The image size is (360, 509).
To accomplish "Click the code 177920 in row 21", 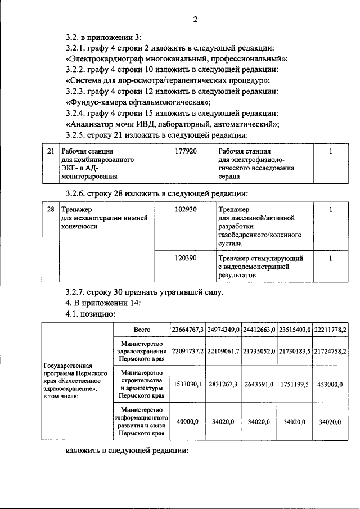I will click(186, 152).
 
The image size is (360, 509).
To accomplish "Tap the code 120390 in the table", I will click(186, 258).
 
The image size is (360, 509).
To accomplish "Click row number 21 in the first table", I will click(51, 152).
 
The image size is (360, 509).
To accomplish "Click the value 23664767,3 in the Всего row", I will click(187, 329).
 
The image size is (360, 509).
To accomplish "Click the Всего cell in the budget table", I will click(141, 329).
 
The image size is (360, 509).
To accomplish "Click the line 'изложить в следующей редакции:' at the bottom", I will click(126, 452).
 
